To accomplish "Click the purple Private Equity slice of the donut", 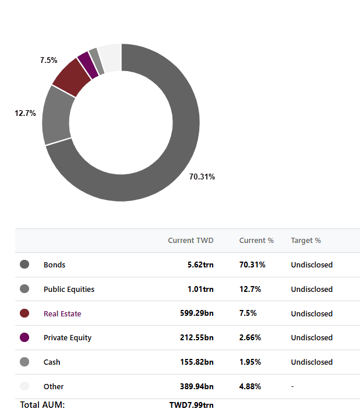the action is [x=88, y=65].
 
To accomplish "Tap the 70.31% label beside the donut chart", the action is [x=202, y=177].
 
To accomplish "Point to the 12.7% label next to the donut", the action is [x=25, y=113].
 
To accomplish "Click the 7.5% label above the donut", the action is [x=48, y=60].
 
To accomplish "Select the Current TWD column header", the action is [x=190, y=241].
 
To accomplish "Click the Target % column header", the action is [x=306, y=241].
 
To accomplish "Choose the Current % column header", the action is [x=256, y=241].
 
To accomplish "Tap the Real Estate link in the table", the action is [x=62, y=313].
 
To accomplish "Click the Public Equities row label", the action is [x=69, y=289].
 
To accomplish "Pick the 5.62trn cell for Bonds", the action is [x=200, y=265].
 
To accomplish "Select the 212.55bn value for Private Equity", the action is [x=196, y=337].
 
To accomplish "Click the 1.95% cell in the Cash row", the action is [x=250, y=362].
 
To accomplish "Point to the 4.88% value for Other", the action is [x=250, y=386].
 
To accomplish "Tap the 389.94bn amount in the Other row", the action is [x=196, y=386].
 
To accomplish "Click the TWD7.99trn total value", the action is [x=191, y=405].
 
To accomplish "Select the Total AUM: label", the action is [x=43, y=405].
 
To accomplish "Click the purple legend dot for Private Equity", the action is [x=24, y=337].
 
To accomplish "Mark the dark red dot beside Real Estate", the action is [x=24, y=313].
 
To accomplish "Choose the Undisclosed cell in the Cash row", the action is [x=312, y=362].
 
